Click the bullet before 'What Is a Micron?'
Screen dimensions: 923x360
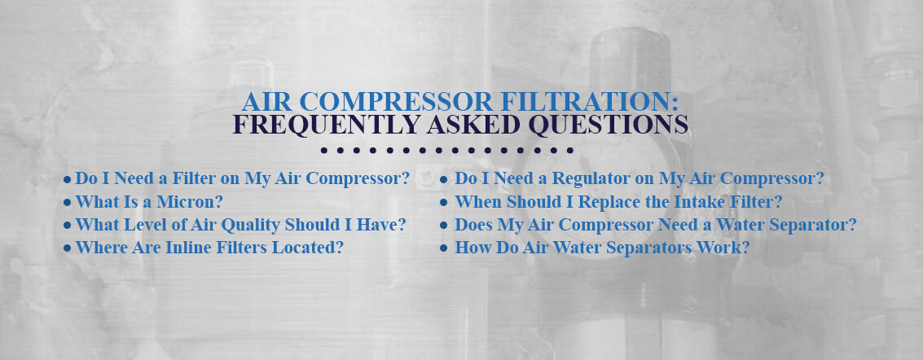(67, 202)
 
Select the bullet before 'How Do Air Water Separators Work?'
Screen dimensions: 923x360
(444, 249)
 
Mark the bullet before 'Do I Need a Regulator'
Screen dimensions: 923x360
(444, 179)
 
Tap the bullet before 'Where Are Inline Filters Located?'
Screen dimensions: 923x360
(67, 249)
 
